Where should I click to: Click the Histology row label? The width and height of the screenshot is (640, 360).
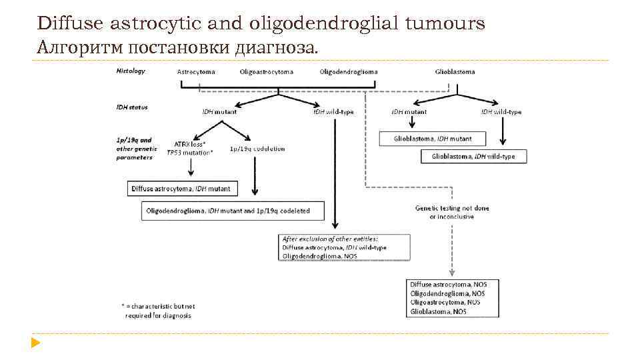(x=131, y=71)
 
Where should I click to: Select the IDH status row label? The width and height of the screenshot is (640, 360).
(x=132, y=107)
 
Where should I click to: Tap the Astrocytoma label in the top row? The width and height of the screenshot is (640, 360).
(x=197, y=71)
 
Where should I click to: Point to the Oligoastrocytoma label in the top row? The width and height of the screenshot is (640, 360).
(x=266, y=71)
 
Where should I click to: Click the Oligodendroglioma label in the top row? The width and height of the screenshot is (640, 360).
(x=349, y=71)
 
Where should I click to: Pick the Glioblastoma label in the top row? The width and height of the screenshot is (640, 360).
(x=455, y=71)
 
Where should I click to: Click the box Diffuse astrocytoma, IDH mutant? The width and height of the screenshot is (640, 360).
(x=181, y=189)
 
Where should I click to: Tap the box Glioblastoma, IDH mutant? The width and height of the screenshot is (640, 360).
(x=433, y=139)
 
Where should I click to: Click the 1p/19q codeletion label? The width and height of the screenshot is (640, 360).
(x=257, y=149)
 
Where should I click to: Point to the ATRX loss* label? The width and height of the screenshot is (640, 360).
(x=190, y=143)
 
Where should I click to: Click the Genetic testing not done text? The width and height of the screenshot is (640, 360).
(x=452, y=208)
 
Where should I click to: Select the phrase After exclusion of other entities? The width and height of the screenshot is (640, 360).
(x=330, y=238)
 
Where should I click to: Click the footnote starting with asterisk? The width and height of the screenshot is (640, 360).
(x=157, y=310)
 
